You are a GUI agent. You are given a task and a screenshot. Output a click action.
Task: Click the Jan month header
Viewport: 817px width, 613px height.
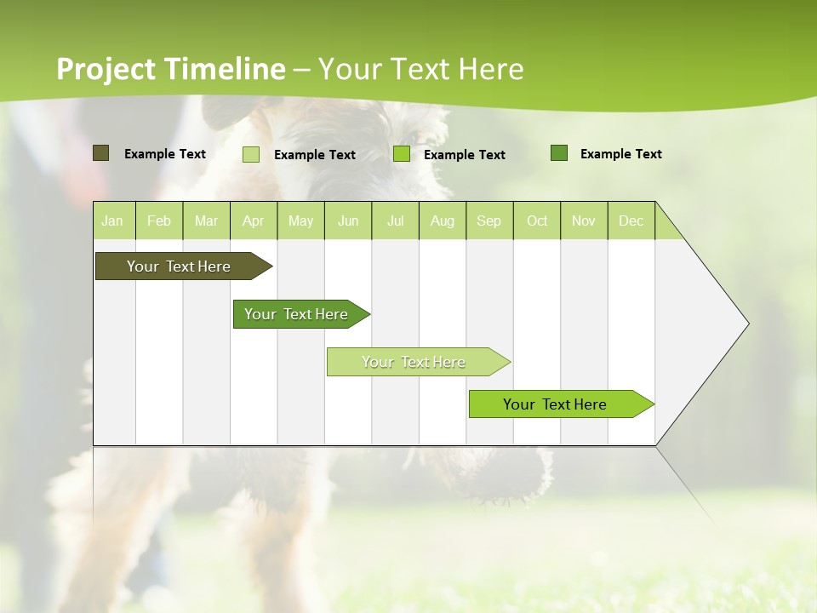[x=113, y=221]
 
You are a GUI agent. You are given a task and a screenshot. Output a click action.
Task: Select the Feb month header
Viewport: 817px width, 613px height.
[x=159, y=221]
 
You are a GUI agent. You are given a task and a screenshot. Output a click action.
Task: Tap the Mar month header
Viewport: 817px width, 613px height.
[x=206, y=221]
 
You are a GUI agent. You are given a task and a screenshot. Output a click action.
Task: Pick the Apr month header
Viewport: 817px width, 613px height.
[x=254, y=221]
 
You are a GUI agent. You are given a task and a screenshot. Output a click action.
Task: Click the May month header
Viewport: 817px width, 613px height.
[x=300, y=221]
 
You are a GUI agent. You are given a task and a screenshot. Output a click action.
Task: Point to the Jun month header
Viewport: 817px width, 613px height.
[x=348, y=221]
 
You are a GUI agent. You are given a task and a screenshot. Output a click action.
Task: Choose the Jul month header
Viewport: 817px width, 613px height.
[x=396, y=221]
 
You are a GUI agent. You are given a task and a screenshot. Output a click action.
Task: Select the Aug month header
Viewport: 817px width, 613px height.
[x=443, y=221]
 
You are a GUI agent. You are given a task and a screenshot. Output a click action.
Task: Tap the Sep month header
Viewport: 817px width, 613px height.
[x=489, y=221]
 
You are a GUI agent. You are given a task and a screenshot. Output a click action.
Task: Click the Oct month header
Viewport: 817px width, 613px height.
[x=537, y=221]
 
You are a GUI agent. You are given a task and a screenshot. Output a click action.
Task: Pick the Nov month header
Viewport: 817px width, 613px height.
[x=584, y=221]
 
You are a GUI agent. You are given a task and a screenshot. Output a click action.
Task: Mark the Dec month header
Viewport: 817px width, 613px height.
[x=631, y=221]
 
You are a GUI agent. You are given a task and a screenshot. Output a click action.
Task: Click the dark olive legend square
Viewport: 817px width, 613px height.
[x=101, y=153]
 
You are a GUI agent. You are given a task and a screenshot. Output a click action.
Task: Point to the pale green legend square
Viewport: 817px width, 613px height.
[x=251, y=154]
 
